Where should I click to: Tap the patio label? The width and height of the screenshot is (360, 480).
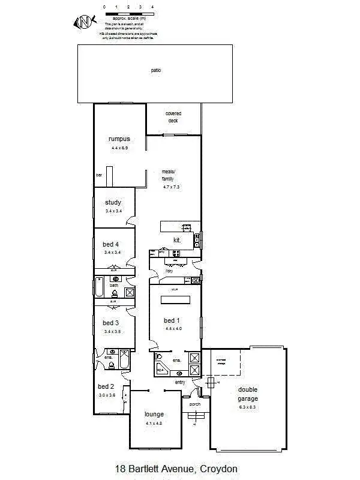click(156, 70)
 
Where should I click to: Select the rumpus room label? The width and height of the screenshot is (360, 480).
click(119, 139)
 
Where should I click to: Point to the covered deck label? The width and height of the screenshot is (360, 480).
click(173, 117)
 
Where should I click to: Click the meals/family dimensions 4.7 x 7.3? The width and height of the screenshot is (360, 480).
click(172, 187)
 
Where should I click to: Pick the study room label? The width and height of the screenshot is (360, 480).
click(113, 203)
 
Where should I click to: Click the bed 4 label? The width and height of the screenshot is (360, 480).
click(111, 244)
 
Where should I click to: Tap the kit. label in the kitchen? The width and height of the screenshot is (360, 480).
click(177, 240)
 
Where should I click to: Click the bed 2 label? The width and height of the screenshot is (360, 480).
click(106, 386)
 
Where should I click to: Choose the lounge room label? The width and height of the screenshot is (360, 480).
click(154, 415)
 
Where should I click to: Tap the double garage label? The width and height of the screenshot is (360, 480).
click(247, 394)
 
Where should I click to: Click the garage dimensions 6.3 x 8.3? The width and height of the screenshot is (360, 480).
click(247, 407)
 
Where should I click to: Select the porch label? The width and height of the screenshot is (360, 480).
click(195, 404)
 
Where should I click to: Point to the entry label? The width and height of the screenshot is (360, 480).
click(180, 382)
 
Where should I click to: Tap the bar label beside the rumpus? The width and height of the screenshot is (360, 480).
click(99, 175)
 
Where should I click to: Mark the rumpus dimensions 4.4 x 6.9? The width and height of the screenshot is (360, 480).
click(119, 148)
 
